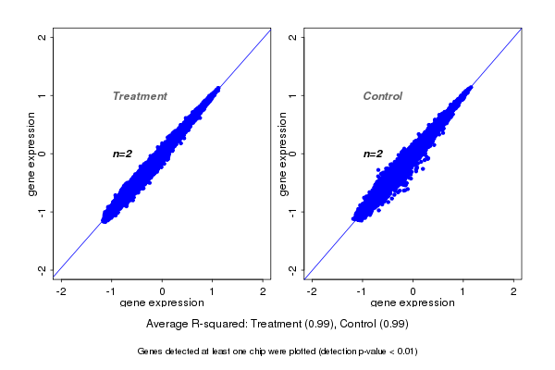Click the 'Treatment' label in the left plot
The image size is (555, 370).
(140, 96)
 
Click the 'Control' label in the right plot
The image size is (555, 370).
(382, 96)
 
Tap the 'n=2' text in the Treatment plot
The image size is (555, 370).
(124, 154)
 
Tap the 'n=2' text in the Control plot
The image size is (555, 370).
(373, 154)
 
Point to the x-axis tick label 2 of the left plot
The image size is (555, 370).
(264, 291)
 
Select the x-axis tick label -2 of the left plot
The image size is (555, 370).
(61, 291)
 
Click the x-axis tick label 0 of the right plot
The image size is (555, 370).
(413, 291)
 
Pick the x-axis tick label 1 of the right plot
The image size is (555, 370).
(463, 291)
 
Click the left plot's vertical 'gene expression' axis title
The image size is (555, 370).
(32, 154)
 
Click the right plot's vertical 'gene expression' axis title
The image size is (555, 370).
(283, 154)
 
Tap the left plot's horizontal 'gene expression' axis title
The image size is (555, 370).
(163, 303)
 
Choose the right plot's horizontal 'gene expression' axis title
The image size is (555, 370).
(413, 303)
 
